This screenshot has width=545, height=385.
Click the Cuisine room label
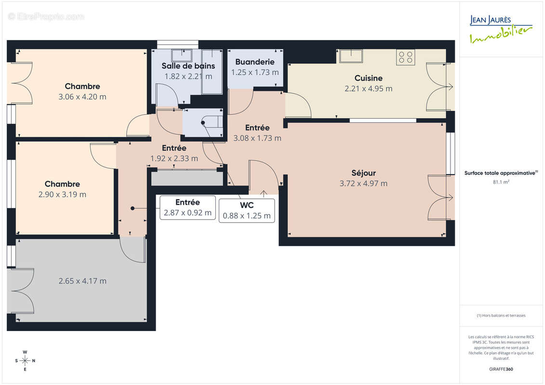click(368, 78)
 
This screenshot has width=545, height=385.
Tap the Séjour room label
click(363, 173)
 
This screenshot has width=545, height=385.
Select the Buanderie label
click(255, 62)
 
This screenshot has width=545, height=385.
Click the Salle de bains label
click(188, 66)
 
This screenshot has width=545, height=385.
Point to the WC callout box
click(247, 210)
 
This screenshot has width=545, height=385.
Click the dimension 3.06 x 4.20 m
click(82, 97)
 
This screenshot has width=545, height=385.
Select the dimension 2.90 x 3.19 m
click(62, 194)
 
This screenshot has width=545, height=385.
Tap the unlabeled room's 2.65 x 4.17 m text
click(82, 281)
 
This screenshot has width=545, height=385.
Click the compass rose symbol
click(25, 360)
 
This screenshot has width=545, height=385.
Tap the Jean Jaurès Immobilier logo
click(501, 29)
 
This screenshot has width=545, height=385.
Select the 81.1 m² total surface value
click(501, 182)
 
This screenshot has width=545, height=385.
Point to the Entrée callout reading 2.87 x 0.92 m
click(187, 208)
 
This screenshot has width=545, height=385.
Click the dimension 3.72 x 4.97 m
click(363, 183)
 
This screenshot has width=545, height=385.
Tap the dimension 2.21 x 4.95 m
click(368, 89)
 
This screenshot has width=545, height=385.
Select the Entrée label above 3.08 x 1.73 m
click(257, 128)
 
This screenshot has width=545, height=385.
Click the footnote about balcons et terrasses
click(501, 316)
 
